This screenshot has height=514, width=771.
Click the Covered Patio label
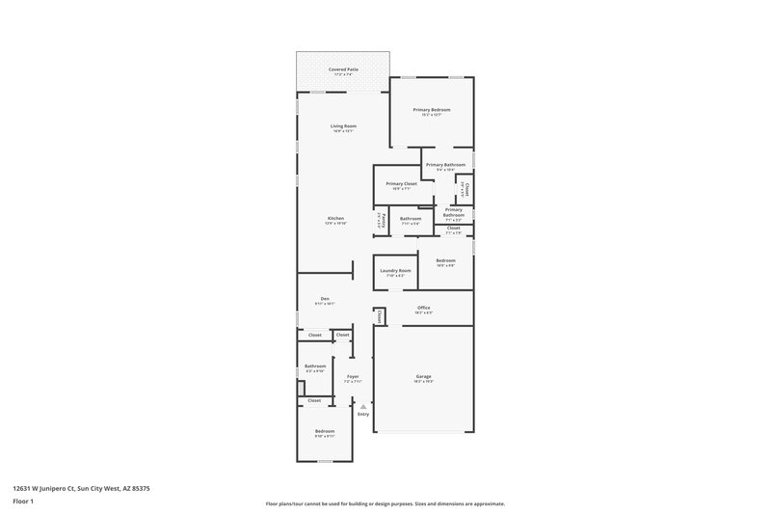click(x=343, y=69)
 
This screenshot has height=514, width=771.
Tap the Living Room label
click(x=344, y=126)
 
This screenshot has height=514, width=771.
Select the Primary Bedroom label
click(x=432, y=110)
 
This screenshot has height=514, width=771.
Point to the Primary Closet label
click(x=401, y=183)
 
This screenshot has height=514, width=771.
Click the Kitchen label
click(x=335, y=219)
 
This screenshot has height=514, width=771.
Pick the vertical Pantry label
click(x=382, y=220)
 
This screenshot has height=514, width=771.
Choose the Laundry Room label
click(x=395, y=271)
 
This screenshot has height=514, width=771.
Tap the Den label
click(x=325, y=299)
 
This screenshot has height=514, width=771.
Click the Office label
click(x=423, y=308)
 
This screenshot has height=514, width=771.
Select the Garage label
click(x=423, y=376)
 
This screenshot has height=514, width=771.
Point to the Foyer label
click(x=353, y=376)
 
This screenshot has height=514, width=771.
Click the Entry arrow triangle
click(x=363, y=407)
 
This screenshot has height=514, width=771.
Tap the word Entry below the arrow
click(x=363, y=415)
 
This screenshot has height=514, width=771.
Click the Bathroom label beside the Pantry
click(x=412, y=219)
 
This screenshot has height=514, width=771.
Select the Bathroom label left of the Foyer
click(x=315, y=366)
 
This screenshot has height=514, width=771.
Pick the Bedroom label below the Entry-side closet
click(x=325, y=431)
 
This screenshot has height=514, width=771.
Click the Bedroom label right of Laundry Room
click(x=445, y=261)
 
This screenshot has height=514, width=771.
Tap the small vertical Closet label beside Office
click(x=380, y=316)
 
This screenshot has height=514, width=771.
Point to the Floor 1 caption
click(x=23, y=502)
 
